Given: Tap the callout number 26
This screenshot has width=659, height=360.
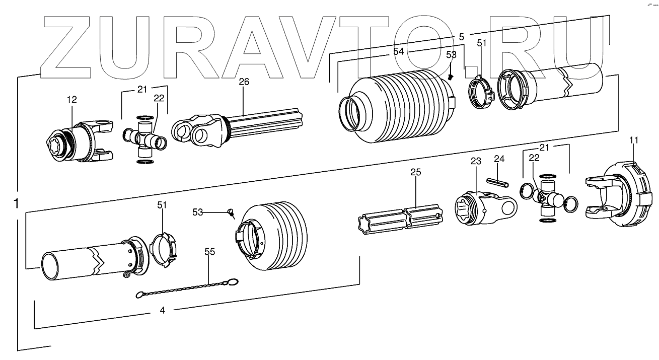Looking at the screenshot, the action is pos(244,82).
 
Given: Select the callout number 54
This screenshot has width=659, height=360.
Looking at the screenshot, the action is pos(399,51).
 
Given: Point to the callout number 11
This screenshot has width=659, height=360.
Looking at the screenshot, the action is pos(633,140).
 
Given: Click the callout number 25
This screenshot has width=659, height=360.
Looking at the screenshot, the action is pos(415,172).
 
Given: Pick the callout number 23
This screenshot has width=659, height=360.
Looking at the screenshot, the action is pos(476,161).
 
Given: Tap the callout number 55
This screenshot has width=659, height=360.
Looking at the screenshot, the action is pos(209,252).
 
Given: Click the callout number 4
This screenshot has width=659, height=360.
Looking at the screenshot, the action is pos(162,311).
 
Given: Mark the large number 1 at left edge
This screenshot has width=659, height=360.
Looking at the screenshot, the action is pos(16,203).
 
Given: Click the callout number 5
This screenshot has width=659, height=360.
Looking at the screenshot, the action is pos(461,36).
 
